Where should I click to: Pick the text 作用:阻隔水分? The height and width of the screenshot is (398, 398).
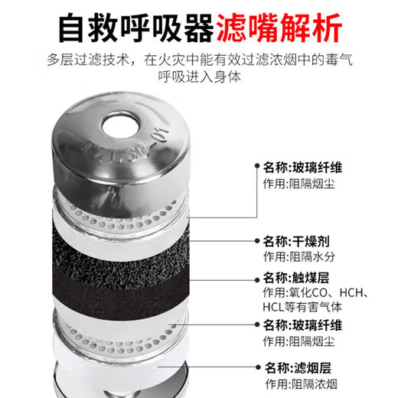click(x=299, y=256)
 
